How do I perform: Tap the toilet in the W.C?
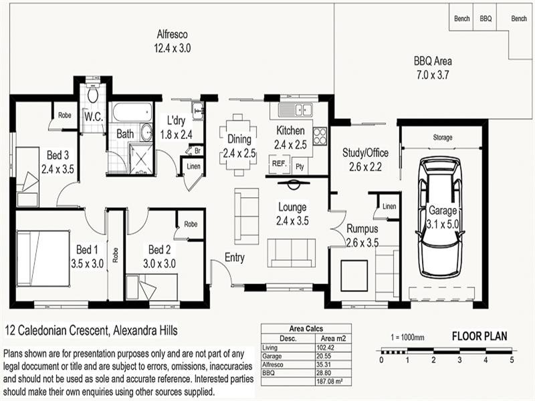coord(92,95)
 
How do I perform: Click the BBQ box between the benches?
coord(486,19)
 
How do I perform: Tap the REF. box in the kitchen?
coord(278,164)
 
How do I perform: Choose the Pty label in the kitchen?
coord(300,166)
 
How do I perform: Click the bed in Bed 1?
coord(43,258)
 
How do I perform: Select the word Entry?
coord(235,257)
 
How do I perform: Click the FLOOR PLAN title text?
coord(481,336)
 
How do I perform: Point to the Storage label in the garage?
coord(443,138)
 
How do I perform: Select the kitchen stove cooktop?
coord(320,136)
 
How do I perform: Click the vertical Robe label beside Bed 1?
coord(116,255)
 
